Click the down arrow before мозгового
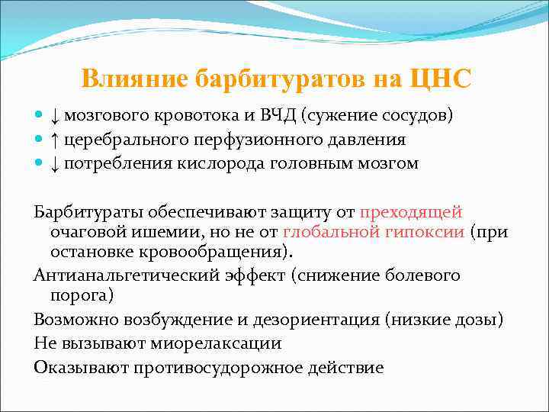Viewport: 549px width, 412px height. (x=55, y=115)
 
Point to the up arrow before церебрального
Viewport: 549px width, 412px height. (x=55, y=140)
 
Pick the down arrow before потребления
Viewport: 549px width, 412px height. (x=55, y=164)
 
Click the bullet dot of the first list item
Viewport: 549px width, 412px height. (x=40, y=116)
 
